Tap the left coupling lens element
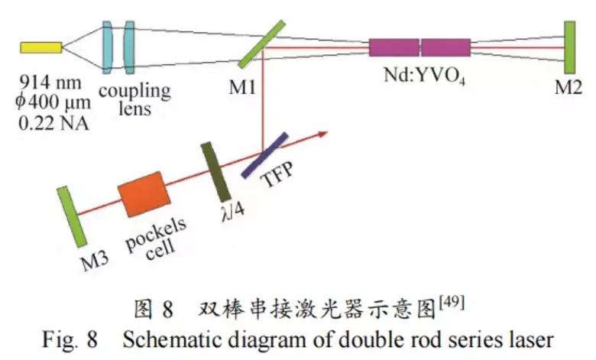pyautogui.click(x=108, y=47)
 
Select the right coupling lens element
pyautogui.click(x=129, y=47)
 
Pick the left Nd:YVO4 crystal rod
pyautogui.click(x=394, y=47)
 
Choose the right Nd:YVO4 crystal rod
pyautogui.click(x=445, y=47)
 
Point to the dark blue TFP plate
pyautogui.click(x=264, y=155)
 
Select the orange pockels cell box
pyautogui.click(x=143, y=196)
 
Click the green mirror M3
pyautogui.click(x=75, y=217)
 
